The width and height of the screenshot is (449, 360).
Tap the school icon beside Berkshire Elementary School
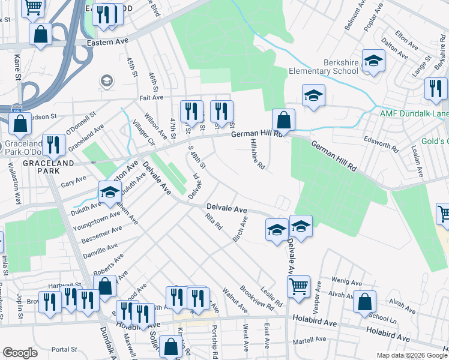coord(373,61)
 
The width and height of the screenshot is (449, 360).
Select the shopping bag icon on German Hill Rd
coord(283,119)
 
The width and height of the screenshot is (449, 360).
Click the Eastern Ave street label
coord(107,43)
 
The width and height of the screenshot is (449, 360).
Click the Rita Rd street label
coord(214,221)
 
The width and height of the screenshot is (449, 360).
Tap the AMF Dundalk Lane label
coord(414,113)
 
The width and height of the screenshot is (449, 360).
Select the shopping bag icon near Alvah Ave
coord(364,302)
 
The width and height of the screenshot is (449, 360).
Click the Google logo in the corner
coord(20,353)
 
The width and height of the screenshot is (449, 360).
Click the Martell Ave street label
coord(310,340)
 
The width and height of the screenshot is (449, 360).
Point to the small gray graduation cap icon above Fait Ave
coord(107,80)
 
